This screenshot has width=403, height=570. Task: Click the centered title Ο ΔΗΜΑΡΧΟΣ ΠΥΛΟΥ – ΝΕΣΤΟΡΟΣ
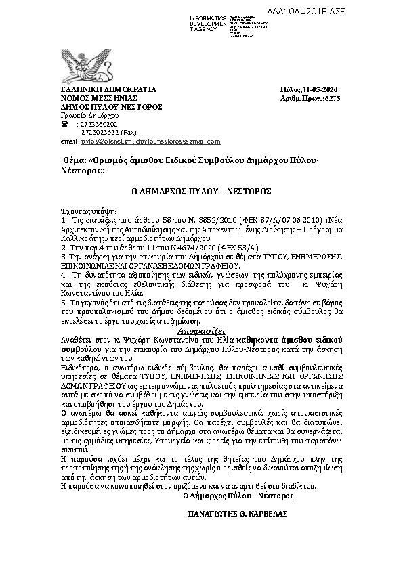pos(200,192)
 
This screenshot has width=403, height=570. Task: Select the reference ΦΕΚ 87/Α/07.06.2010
pos(279,220)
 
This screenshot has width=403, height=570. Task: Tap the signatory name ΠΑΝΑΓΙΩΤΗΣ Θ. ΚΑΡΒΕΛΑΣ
pos(238,514)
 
